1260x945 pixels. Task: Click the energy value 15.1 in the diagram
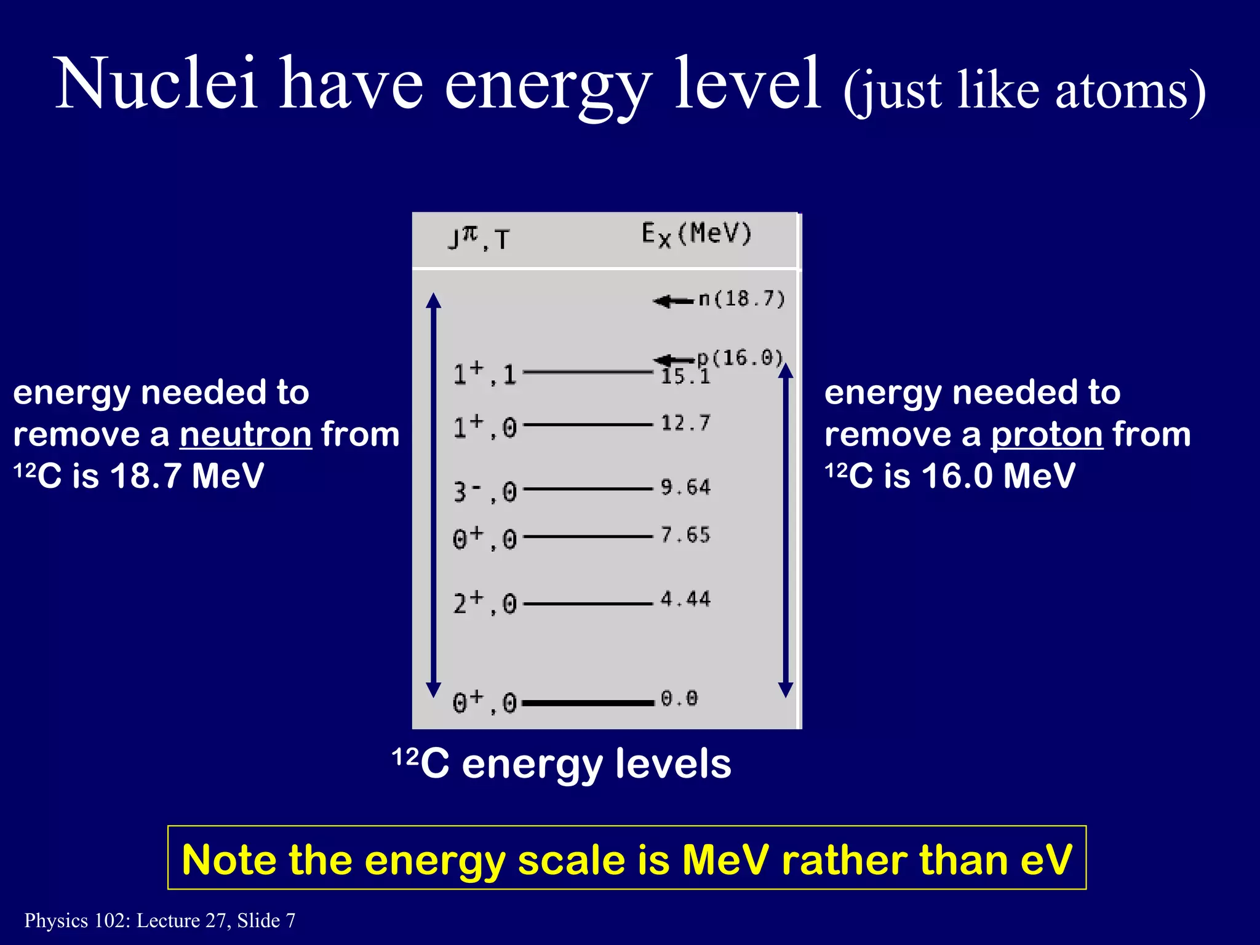685,376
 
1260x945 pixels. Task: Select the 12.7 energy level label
685,423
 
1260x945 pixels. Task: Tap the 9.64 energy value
685,487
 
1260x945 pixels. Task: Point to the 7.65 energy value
685,535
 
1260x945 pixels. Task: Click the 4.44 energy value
685,599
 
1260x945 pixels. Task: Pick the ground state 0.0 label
679,698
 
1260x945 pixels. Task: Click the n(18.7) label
742,299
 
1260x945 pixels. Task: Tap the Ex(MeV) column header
696,235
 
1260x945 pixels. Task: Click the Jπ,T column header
479,238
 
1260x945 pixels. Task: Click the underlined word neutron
245,434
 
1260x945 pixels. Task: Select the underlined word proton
1047,434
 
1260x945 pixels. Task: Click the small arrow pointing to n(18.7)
673,301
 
